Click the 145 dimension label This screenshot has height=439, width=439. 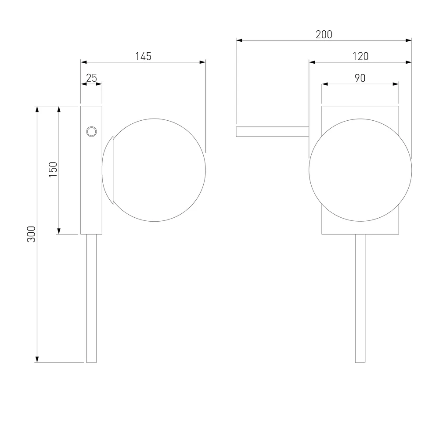[x=144, y=56]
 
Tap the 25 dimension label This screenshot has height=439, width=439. [x=92, y=78]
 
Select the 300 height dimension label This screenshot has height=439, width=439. [x=31, y=234]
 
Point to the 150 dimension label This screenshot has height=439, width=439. [x=53, y=169]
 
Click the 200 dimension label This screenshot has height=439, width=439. [x=324, y=34]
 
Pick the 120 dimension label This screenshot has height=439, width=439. [x=360, y=56]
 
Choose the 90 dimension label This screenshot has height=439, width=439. [x=360, y=78]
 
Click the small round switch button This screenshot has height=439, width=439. [x=92, y=131]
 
